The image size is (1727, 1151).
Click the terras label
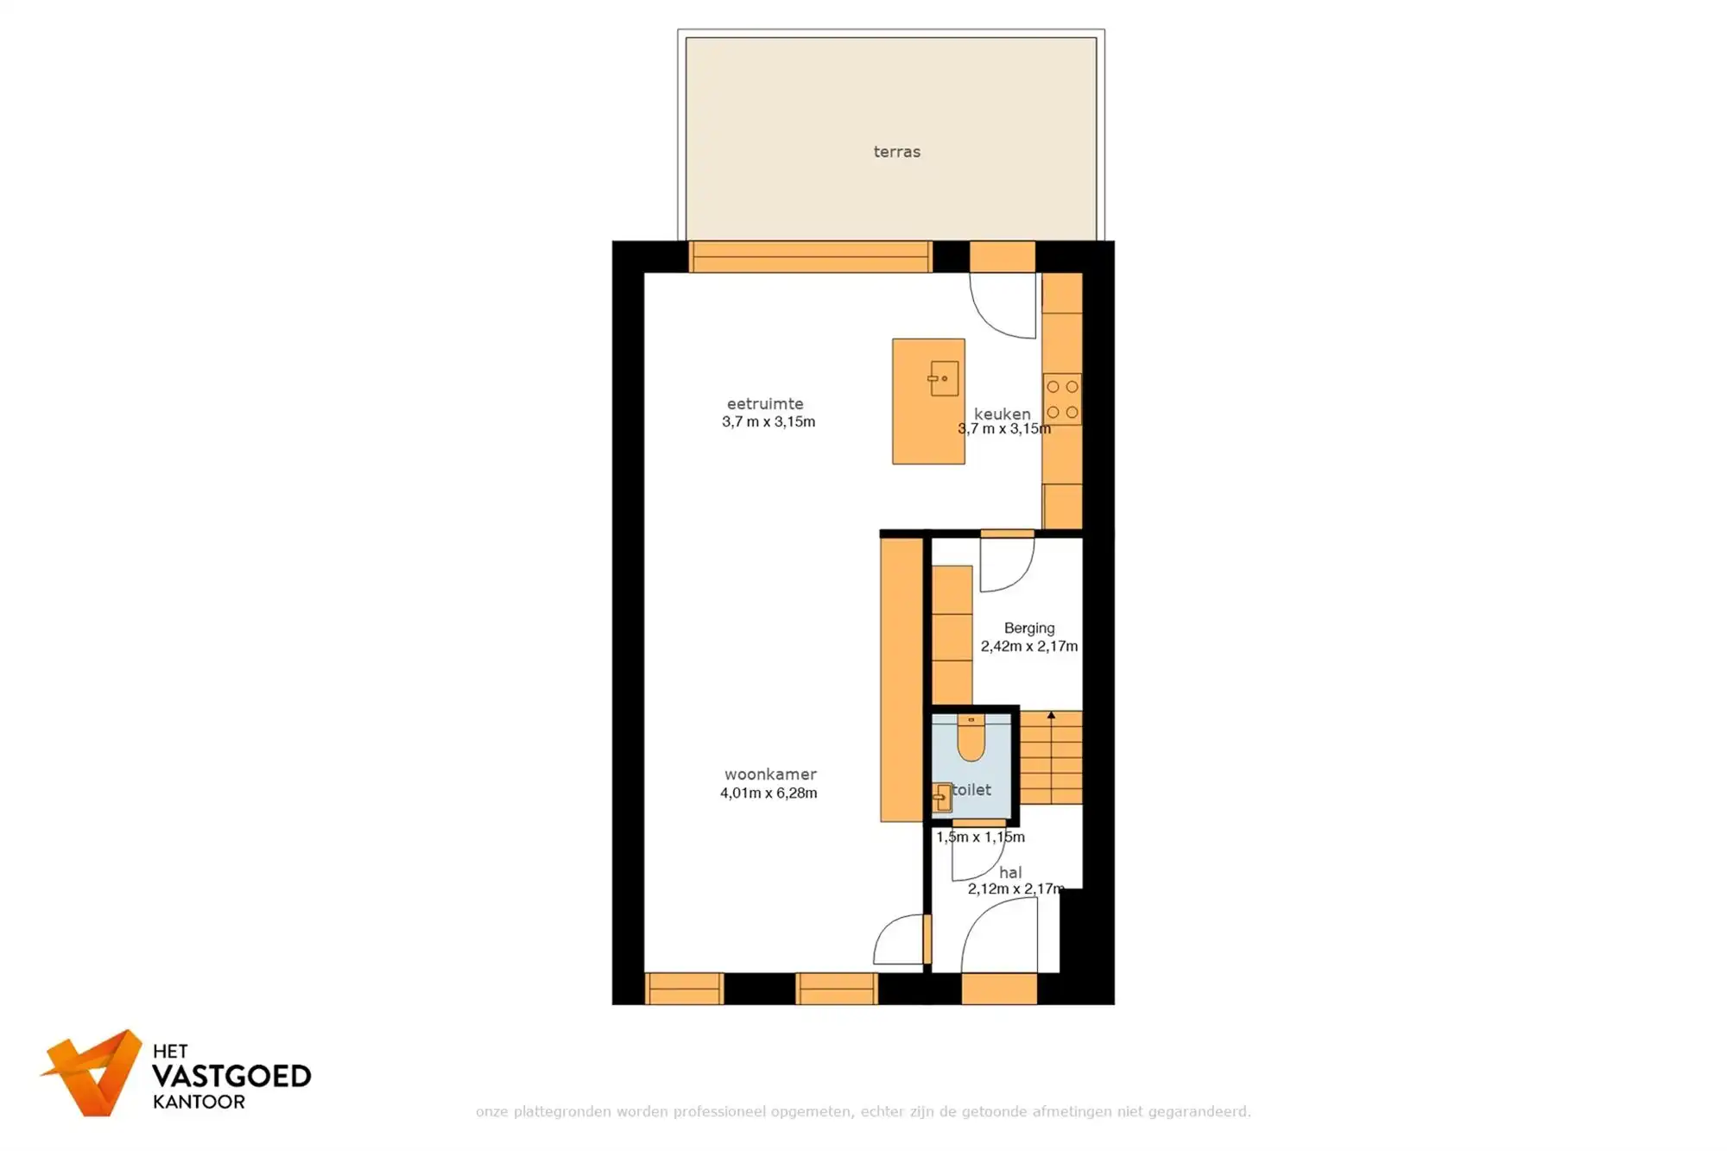tap(896, 152)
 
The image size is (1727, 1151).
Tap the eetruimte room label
tap(765, 403)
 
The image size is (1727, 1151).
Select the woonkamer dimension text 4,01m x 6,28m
tap(769, 793)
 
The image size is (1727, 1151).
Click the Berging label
tap(1028, 628)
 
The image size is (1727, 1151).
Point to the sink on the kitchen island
tap(944, 378)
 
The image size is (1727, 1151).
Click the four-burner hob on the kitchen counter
tap(1062, 399)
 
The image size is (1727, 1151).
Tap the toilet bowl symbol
tap(971, 740)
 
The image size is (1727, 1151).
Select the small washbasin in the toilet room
tap(942, 798)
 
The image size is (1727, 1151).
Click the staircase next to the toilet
tap(1051, 758)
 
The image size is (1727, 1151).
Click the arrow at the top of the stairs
tap(1051, 716)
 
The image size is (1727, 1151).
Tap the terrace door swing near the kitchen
tap(1002, 307)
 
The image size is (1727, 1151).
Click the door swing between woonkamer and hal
tap(900, 941)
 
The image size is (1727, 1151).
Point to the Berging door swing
tap(1006, 566)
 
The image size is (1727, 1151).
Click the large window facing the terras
tap(810, 257)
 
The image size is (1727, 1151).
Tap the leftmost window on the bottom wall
tap(684, 989)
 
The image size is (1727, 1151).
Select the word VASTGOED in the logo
tap(231, 1076)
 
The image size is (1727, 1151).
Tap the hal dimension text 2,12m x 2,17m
tap(1015, 889)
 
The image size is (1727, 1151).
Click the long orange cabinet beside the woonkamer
tap(901, 680)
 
